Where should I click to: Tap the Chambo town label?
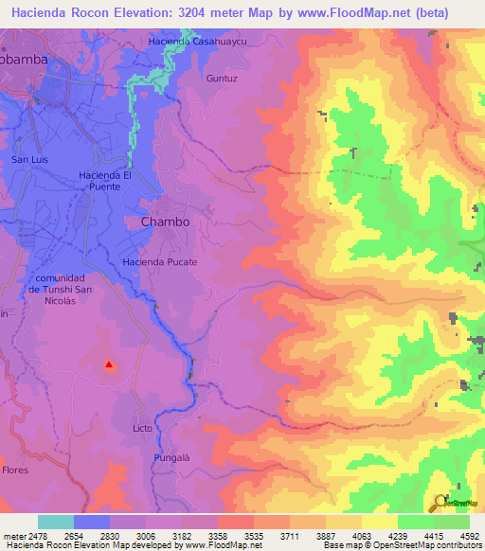click(x=165, y=222)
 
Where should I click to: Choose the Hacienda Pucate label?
click(x=160, y=261)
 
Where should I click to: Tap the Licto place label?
click(x=142, y=428)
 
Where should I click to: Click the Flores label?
click(x=14, y=470)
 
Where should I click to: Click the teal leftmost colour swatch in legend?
click(x=56, y=522)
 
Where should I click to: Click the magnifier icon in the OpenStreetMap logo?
click(x=439, y=501)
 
